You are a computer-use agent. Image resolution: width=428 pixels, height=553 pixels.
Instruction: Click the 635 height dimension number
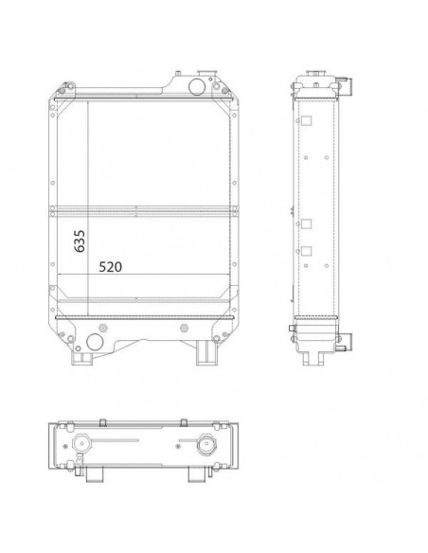click(x=80, y=241)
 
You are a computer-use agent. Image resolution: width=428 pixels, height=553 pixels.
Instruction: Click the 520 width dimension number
click(x=110, y=267)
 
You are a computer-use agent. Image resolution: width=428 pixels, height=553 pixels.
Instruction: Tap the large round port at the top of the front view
click(x=196, y=86)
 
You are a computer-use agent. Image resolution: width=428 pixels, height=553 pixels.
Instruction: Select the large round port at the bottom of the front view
click(x=95, y=342)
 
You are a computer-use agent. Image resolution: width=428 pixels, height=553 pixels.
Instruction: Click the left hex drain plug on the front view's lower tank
click(x=103, y=328)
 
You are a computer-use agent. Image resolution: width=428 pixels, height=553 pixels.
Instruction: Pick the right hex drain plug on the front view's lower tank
click(x=184, y=328)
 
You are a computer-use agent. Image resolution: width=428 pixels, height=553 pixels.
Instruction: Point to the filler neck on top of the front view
click(x=206, y=74)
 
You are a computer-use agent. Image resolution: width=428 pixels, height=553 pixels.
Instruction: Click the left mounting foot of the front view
click(x=81, y=357)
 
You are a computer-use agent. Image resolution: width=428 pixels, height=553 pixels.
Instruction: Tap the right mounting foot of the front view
click(x=206, y=352)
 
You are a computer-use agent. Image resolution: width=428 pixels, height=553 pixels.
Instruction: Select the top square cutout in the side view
click(x=307, y=121)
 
